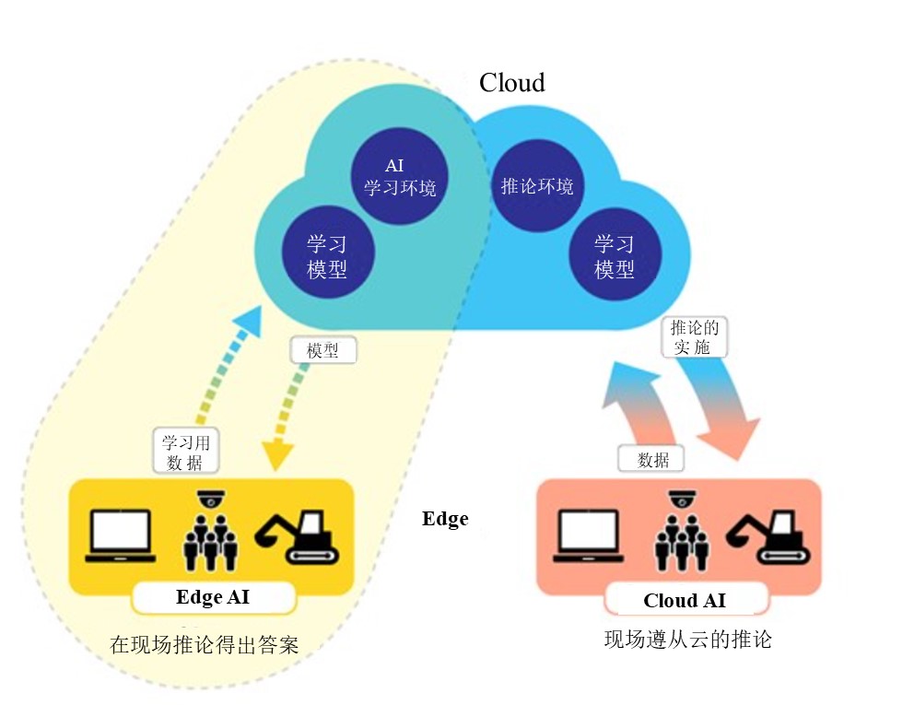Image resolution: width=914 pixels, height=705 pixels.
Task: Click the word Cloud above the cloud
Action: pos(512,83)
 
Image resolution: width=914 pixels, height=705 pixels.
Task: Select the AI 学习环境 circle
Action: pos(395,179)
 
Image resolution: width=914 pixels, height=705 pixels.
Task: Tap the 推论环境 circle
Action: pos(536,187)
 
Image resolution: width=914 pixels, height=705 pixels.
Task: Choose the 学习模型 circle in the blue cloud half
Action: pos(614,257)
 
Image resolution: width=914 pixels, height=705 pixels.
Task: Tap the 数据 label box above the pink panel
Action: pos(653,459)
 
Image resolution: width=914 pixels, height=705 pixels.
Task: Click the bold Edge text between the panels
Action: pos(445,519)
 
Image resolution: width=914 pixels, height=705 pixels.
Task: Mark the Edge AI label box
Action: pos(213,597)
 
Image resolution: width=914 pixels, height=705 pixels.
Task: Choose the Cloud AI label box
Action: pos(685,601)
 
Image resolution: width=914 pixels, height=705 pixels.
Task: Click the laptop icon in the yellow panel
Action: pos(120,535)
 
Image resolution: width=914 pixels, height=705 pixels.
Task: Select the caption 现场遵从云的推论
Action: pos(687,640)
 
